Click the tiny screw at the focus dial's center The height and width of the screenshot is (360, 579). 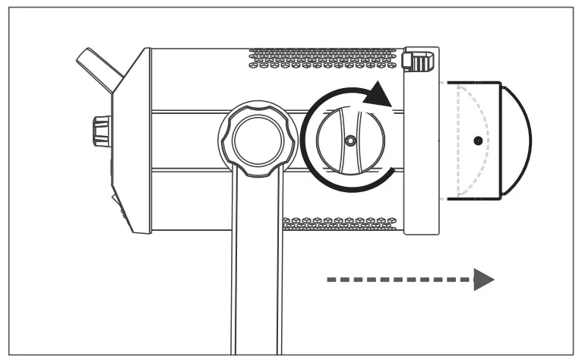[349, 141]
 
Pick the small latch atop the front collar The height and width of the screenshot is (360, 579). [417, 60]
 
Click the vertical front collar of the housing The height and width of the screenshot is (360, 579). [421, 152]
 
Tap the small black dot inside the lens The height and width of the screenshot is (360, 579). [476, 141]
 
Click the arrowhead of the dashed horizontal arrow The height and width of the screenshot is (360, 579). [483, 279]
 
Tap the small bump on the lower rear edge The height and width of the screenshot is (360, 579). [115, 201]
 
